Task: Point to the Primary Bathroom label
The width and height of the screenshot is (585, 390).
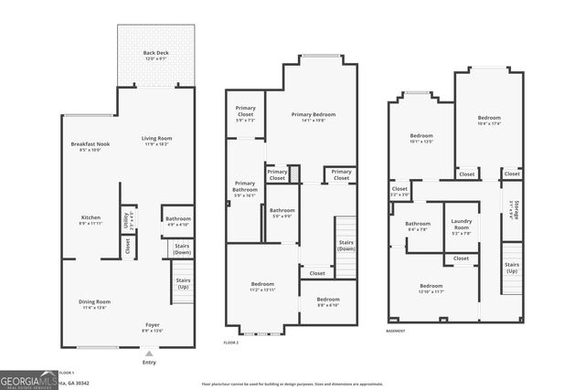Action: [245, 189]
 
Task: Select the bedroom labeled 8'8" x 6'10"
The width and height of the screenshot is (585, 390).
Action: [328, 302]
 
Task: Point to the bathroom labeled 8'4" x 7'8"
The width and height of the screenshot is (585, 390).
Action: [418, 227]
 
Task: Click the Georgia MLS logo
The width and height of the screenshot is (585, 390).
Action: [28, 380]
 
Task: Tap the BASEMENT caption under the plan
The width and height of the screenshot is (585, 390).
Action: [396, 331]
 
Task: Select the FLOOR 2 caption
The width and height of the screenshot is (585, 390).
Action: [232, 343]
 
